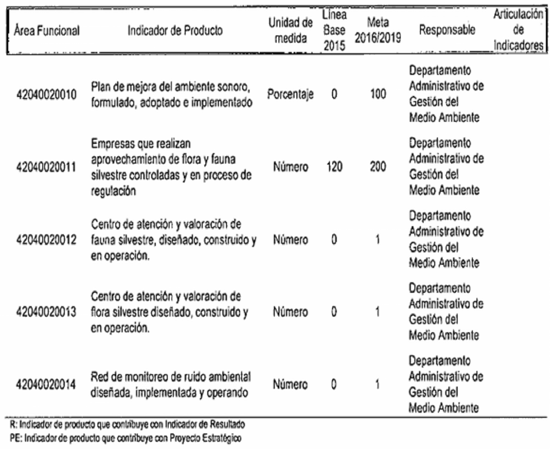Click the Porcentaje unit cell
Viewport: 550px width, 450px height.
291,95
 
